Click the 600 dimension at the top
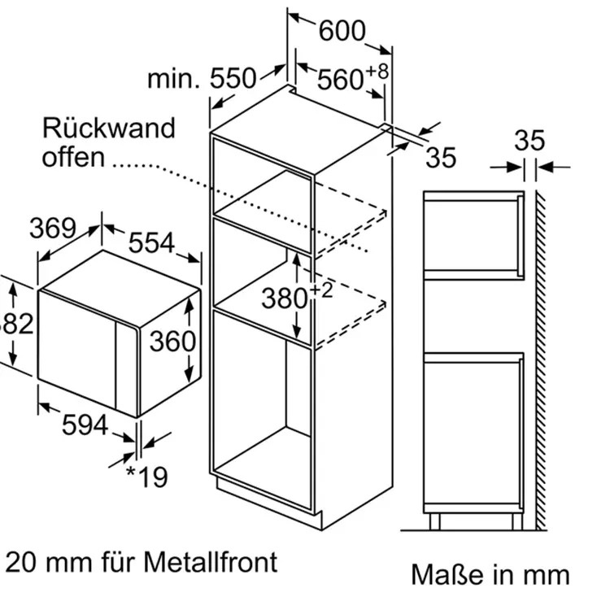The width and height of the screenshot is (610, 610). pyautogui.click(x=342, y=31)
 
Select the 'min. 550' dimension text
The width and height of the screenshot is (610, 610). pyautogui.click(x=202, y=79)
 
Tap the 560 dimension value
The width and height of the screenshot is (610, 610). pyautogui.click(x=340, y=79)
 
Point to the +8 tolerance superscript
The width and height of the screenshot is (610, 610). pyautogui.click(x=377, y=71)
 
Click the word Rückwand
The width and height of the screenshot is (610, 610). pyautogui.click(x=108, y=128)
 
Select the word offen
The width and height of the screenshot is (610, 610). pyautogui.click(x=73, y=156)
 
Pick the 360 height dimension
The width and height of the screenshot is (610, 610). pyautogui.click(x=172, y=341)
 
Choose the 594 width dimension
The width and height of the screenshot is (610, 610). pyautogui.click(x=85, y=424)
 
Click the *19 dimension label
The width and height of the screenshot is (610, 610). pyautogui.click(x=146, y=476)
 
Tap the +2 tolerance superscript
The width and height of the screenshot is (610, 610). pyautogui.click(x=322, y=290)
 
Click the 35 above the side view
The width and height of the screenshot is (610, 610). pyautogui.click(x=529, y=141)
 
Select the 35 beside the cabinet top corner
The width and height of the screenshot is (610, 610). pyautogui.click(x=441, y=157)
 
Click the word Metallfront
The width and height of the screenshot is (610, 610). pyautogui.click(x=211, y=561)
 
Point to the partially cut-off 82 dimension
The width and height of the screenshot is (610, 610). pyautogui.click(x=16, y=324)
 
